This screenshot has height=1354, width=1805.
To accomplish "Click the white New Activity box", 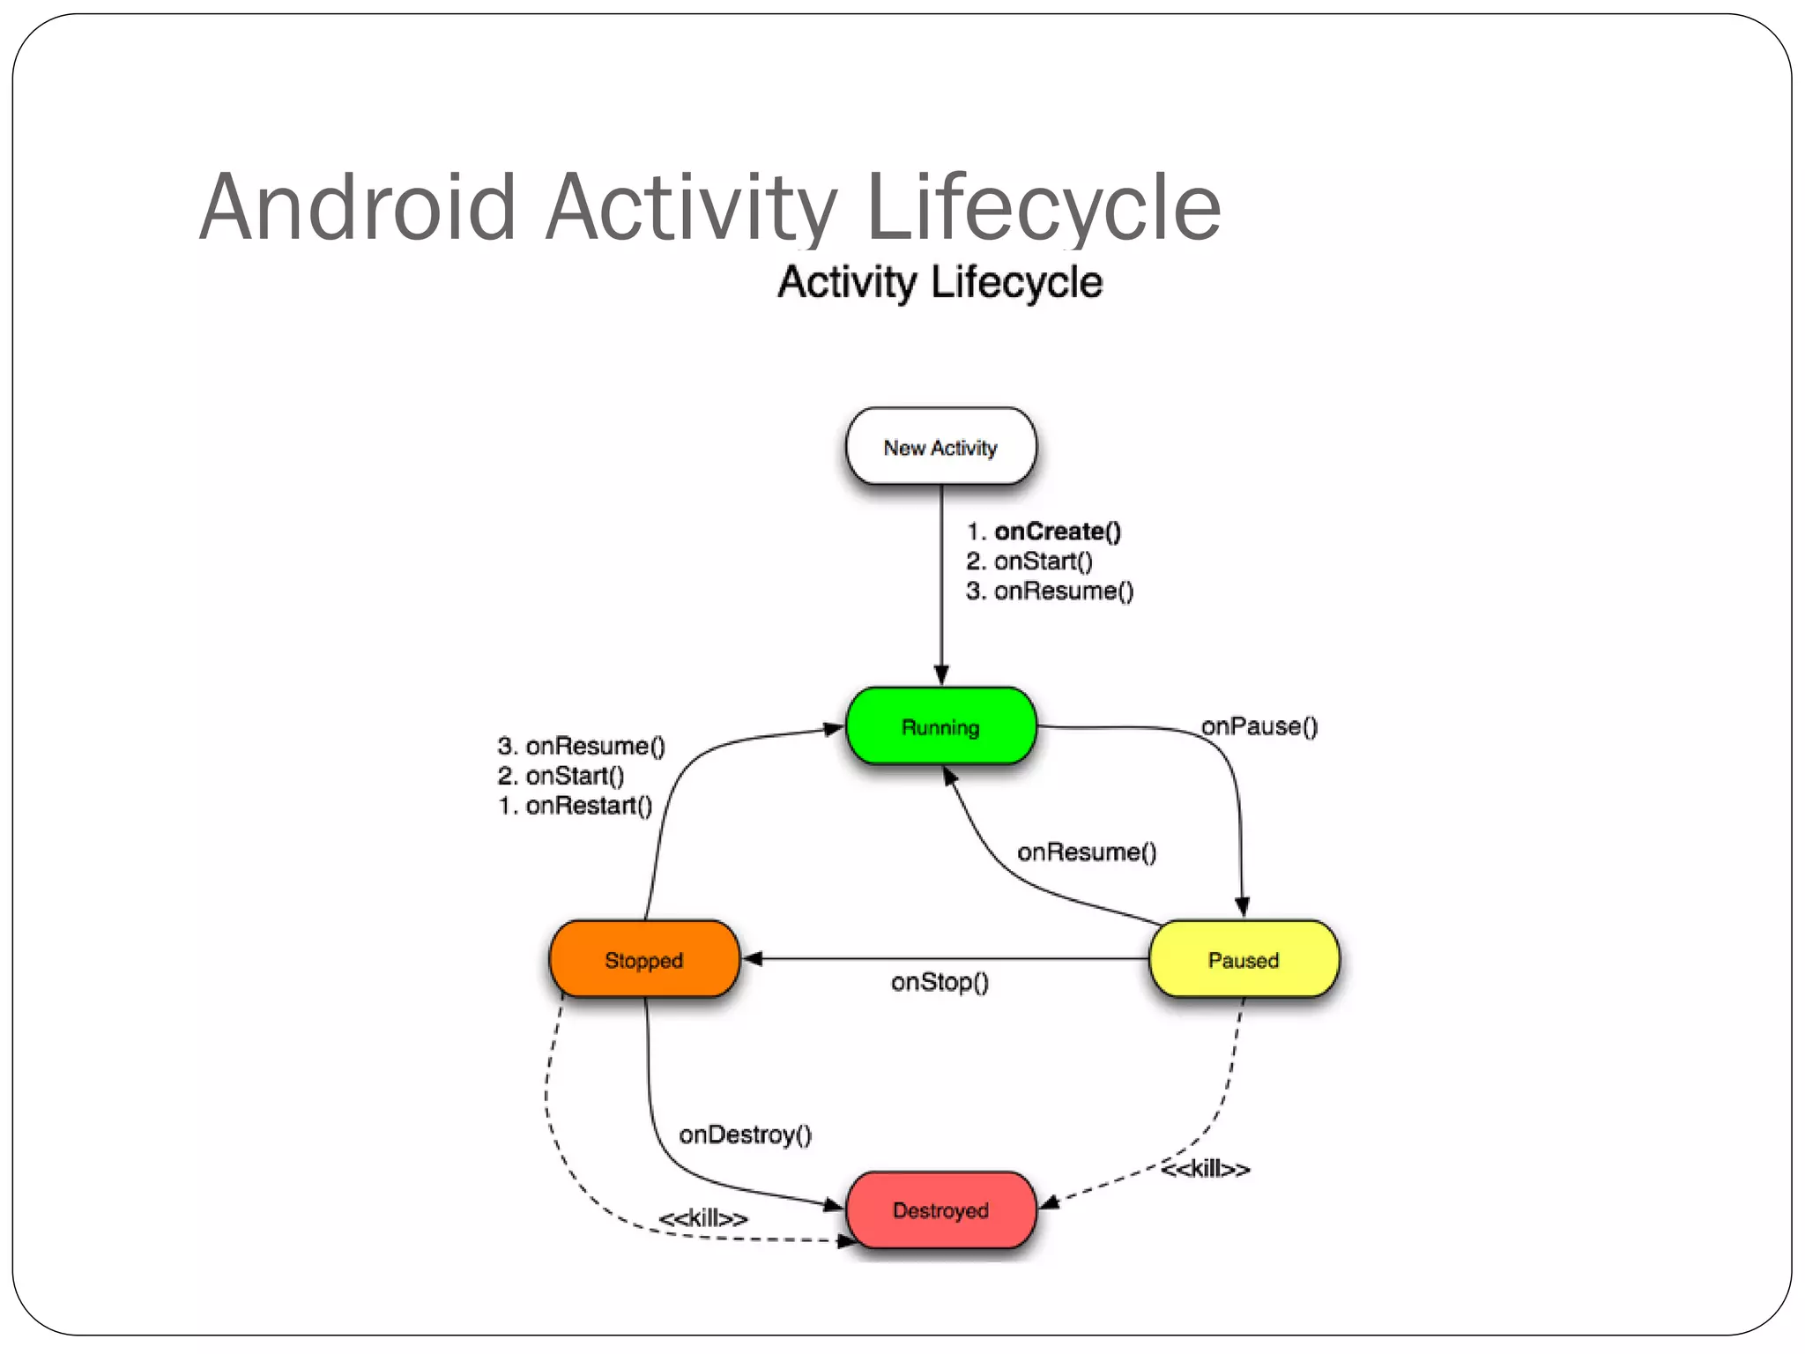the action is pyautogui.click(x=940, y=447).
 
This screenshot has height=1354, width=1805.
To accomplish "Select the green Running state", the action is pyautogui.click(x=940, y=726).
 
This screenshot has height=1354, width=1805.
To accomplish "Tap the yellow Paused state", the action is pyautogui.click(x=1243, y=959).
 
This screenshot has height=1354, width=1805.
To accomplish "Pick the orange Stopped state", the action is pyautogui.click(x=643, y=959).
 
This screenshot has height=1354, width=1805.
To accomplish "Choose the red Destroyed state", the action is pyautogui.click(x=940, y=1209).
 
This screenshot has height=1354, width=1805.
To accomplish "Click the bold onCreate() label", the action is pyautogui.click(x=1057, y=532).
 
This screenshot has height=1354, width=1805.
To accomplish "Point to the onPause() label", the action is pyautogui.click(x=1259, y=726).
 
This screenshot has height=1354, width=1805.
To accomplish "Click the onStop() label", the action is pyautogui.click(x=940, y=982).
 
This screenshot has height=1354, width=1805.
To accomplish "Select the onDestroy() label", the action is pyautogui.click(x=745, y=1135).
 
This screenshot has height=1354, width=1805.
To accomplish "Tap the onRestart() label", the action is pyautogui.click(x=588, y=806).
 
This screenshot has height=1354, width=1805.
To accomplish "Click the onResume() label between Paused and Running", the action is pyautogui.click(x=1086, y=852).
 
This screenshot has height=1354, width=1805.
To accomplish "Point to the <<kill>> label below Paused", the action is pyautogui.click(x=1205, y=1170).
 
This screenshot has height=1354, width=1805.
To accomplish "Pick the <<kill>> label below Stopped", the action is pyautogui.click(x=702, y=1219).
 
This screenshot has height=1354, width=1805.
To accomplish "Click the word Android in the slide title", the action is pyautogui.click(x=357, y=207).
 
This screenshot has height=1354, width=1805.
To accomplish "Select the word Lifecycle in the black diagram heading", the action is pyautogui.click(x=1016, y=283).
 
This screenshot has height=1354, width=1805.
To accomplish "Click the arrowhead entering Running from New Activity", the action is pyautogui.click(x=941, y=675).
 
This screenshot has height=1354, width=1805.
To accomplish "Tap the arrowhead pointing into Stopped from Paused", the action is pyautogui.click(x=752, y=958).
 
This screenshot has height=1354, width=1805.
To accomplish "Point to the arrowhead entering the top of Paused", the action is pyautogui.click(x=1242, y=907).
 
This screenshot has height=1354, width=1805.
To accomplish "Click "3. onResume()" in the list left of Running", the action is pyautogui.click(x=581, y=747).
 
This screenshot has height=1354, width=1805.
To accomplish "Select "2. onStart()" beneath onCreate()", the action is pyautogui.click(x=1029, y=562).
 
